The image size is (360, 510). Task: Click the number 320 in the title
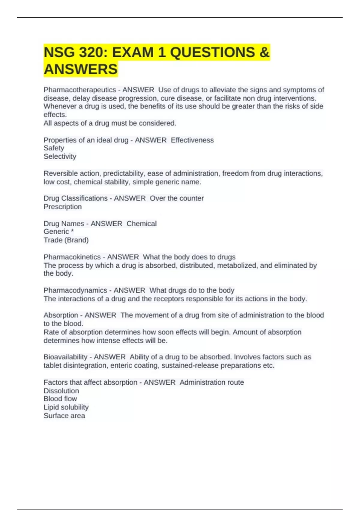point(92,52)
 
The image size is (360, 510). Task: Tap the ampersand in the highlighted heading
point(264,52)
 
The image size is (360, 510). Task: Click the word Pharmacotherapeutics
point(80,90)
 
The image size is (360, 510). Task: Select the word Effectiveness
point(192,140)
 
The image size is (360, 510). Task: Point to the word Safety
point(54,148)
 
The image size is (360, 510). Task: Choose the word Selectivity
point(60,156)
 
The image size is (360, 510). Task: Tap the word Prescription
point(63,207)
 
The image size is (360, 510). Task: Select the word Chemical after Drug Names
point(142,223)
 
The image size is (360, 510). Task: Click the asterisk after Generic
point(72,231)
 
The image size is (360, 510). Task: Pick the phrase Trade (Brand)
point(66,240)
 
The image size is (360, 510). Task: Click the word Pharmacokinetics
point(72,257)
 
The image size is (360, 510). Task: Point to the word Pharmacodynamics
point(75,290)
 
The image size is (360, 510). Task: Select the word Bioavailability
point(65,357)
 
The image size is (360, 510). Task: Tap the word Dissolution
point(61,391)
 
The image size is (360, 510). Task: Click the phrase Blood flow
point(60,399)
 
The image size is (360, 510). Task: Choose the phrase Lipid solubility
point(66,407)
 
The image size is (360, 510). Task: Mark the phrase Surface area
point(64,415)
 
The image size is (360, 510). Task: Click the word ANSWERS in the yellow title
point(81,69)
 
